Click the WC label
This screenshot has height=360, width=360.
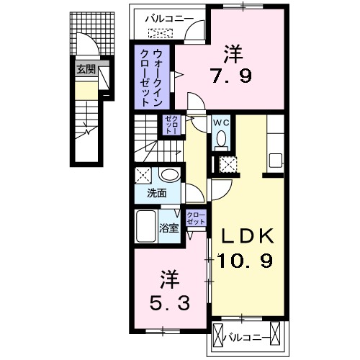(x=220, y=122)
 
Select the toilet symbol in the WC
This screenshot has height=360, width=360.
(x=220, y=138)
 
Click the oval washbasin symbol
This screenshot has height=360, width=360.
(x=171, y=176)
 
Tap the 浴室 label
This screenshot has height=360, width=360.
(x=169, y=229)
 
